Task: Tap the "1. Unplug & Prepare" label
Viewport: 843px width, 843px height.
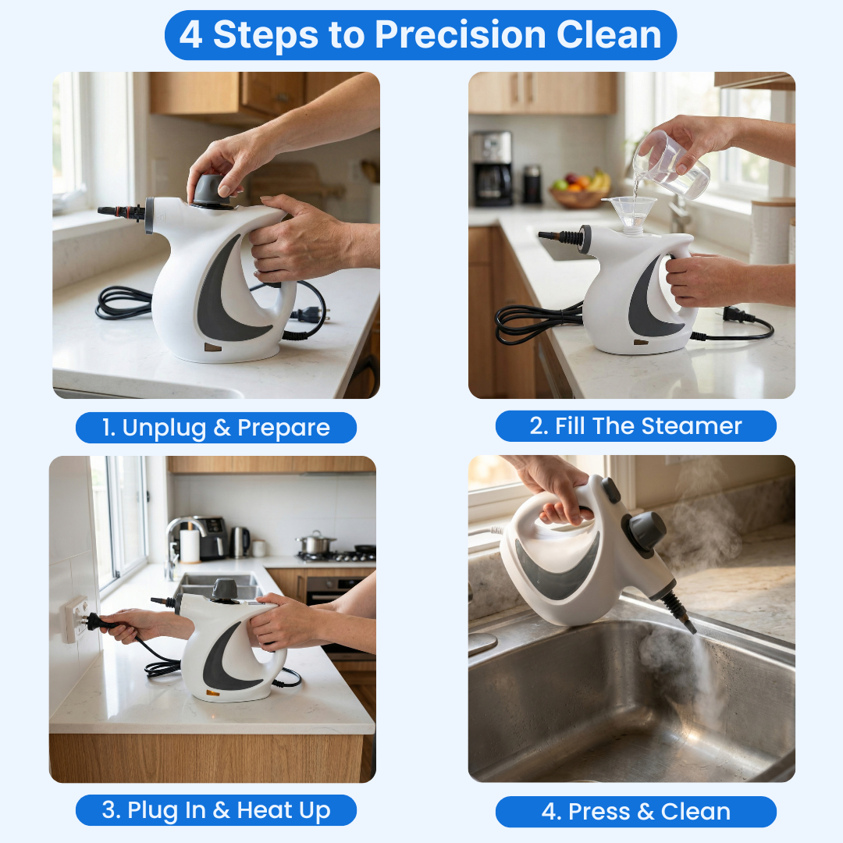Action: pos(215,428)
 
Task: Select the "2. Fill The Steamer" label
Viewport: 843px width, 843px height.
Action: pos(635,426)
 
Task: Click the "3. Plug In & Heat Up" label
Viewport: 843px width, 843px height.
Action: pos(215,811)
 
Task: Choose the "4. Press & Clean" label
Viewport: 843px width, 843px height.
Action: pos(635,812)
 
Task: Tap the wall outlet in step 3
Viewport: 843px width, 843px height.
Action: pos(76,618)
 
